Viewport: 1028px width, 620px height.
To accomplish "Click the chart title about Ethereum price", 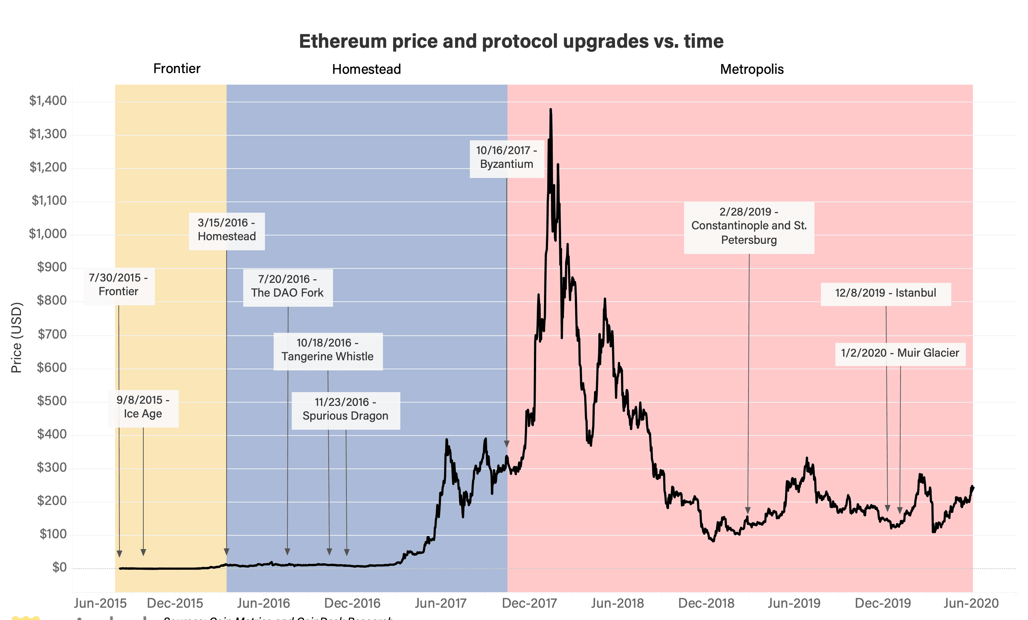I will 511,41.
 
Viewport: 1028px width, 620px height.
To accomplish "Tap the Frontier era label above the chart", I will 177,68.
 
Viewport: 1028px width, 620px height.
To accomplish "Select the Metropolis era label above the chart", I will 752,69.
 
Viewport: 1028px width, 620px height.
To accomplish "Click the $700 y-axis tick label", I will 52,334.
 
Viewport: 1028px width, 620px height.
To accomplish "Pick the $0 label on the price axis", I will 59,567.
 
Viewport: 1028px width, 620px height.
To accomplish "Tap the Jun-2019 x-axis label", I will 794,603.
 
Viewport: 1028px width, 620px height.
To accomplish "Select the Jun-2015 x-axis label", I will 100,603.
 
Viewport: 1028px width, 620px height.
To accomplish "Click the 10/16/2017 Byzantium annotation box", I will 506,158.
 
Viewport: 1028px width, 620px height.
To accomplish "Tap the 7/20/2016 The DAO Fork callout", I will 287,286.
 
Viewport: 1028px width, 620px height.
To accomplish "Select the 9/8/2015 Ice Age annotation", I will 143,407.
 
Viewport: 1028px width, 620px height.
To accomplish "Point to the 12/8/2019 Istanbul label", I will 885,293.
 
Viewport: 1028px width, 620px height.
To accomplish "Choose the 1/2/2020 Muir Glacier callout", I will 900,353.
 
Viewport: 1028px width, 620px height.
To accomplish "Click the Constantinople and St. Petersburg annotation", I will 749,226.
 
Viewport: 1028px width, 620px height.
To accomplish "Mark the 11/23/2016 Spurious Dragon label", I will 345,409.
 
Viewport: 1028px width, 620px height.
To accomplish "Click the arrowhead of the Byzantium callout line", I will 506,443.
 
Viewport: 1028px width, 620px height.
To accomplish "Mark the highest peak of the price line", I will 551,110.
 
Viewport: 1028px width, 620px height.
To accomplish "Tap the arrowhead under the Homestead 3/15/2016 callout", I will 227,552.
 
